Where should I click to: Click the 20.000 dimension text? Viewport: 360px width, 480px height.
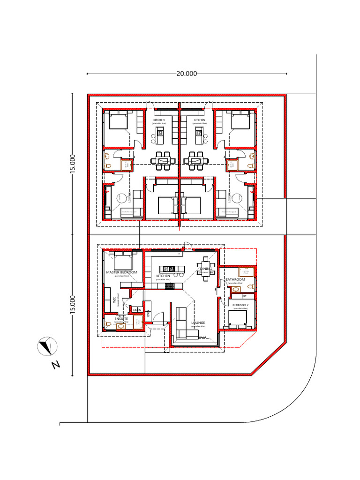(187, 74)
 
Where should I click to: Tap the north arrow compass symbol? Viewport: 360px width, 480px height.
(47, 347)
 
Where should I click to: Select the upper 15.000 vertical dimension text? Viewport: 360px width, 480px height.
(72, 164)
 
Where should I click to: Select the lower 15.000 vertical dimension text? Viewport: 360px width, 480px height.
(72, 305)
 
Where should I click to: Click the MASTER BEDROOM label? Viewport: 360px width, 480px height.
(121, 272)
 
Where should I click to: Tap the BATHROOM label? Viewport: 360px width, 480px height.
(235, 280)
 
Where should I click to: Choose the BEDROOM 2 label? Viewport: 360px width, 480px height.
(241, 305)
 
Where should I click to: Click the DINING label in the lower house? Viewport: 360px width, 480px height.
(206, 269)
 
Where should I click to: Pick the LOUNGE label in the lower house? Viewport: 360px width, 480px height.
(198, 323)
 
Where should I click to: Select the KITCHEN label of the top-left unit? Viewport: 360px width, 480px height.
(159, 120)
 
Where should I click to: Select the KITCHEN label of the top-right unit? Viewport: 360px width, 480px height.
(200, 120)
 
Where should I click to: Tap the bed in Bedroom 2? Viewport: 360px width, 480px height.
(238, 319)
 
